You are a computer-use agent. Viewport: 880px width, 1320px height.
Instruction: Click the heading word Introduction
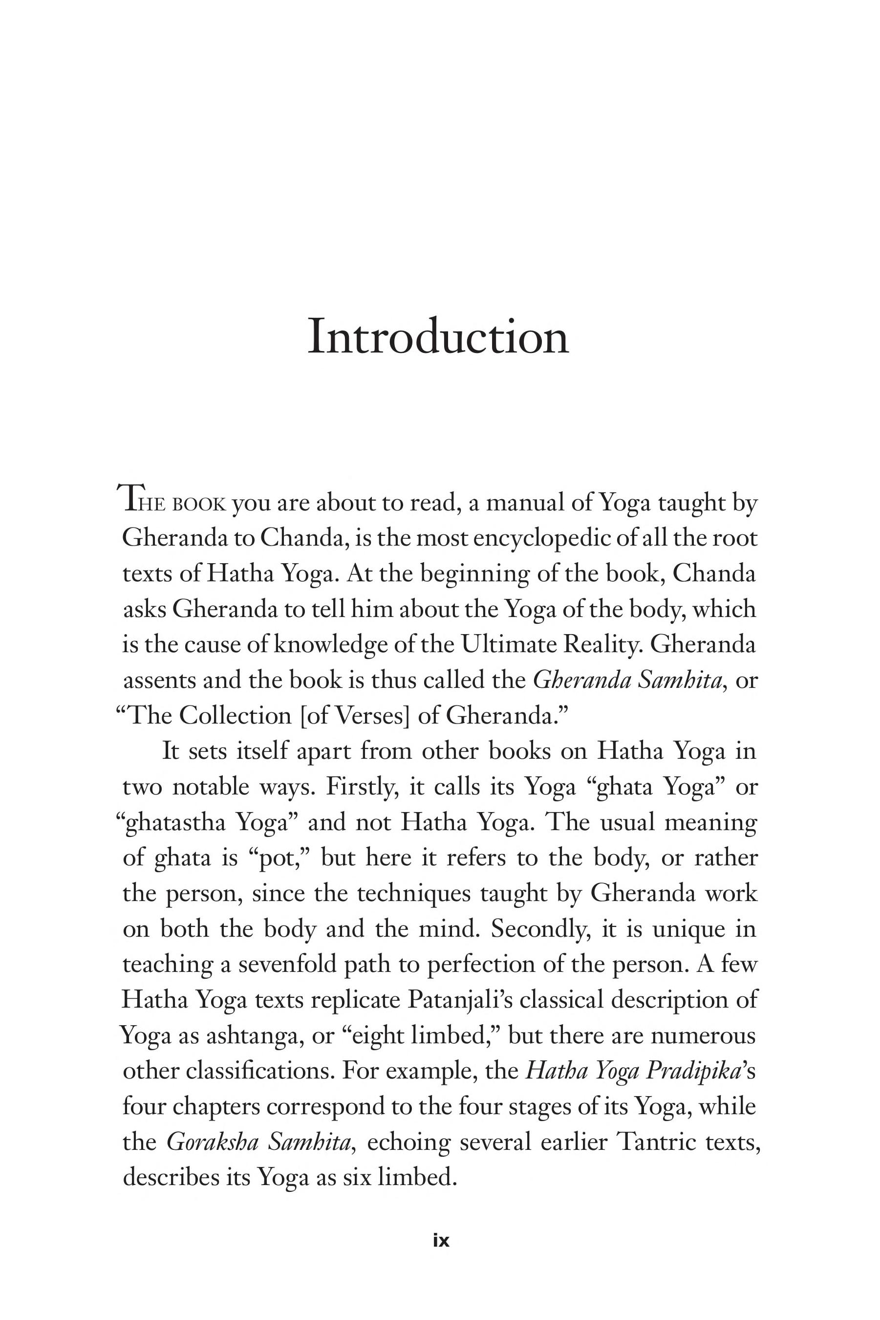[x=438, y=337]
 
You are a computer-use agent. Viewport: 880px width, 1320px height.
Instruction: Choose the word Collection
[x=235, y=716]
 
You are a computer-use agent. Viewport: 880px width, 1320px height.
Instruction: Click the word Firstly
[x=362, y=787]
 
